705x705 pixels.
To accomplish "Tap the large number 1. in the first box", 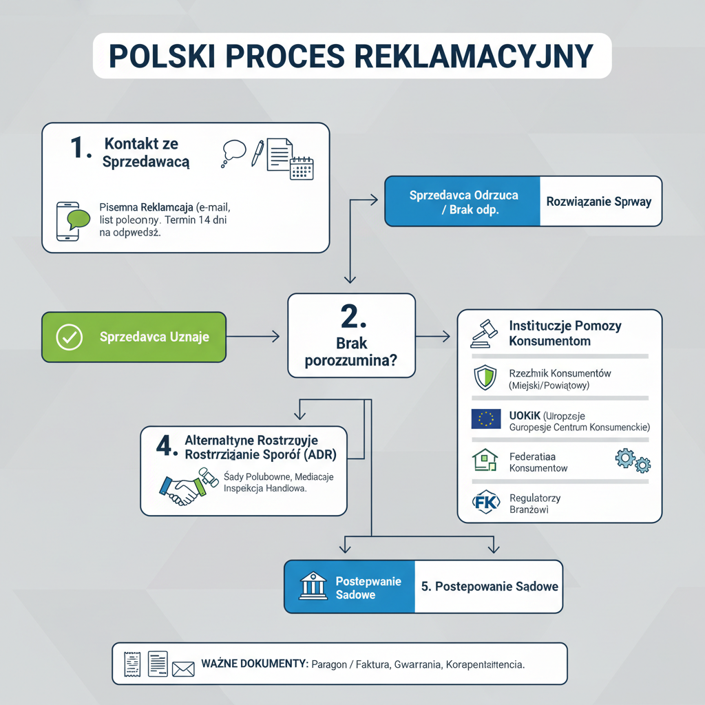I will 81,148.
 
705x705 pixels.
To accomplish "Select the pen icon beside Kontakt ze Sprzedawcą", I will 257,153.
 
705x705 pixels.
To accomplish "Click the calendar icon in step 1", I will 302,168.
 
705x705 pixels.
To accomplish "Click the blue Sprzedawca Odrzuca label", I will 463,202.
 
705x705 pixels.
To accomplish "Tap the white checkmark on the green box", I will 69,337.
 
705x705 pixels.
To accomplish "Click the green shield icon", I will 485,378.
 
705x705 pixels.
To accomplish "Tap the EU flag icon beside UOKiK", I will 485,419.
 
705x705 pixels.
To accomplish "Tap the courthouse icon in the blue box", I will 313,587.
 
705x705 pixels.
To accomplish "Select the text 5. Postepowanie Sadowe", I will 490,587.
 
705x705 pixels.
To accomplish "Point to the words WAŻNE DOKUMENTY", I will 254,664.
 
